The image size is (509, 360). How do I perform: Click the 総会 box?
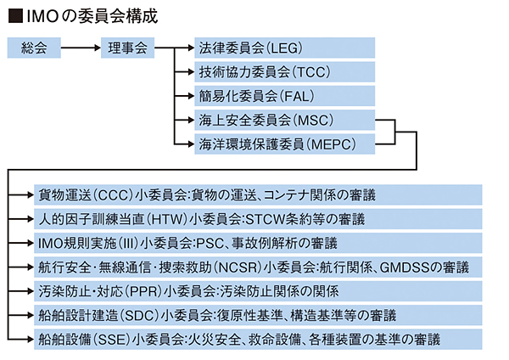pos(34,48)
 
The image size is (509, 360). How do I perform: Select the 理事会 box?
pos(127,48)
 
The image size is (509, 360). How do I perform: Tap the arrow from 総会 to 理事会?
pos(81,48)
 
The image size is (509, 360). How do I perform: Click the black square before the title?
pos(15,16)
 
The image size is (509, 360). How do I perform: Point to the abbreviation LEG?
pos(284,48)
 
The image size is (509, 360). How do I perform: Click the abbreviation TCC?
pos(311,72)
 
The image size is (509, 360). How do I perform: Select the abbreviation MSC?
pos(313,121)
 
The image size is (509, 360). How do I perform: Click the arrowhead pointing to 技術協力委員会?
pos(191,72)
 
